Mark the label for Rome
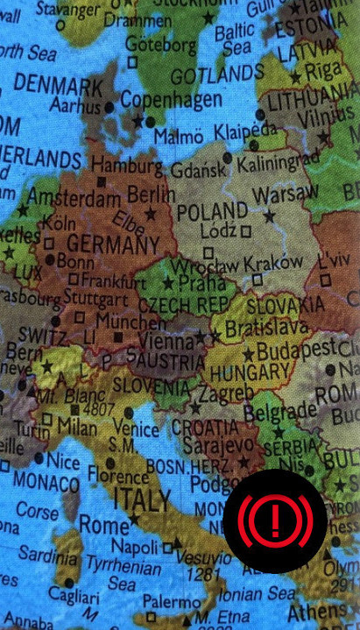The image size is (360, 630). (103, 525)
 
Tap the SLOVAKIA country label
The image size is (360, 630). (285, 306)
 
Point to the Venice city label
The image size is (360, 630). (136, 429)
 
